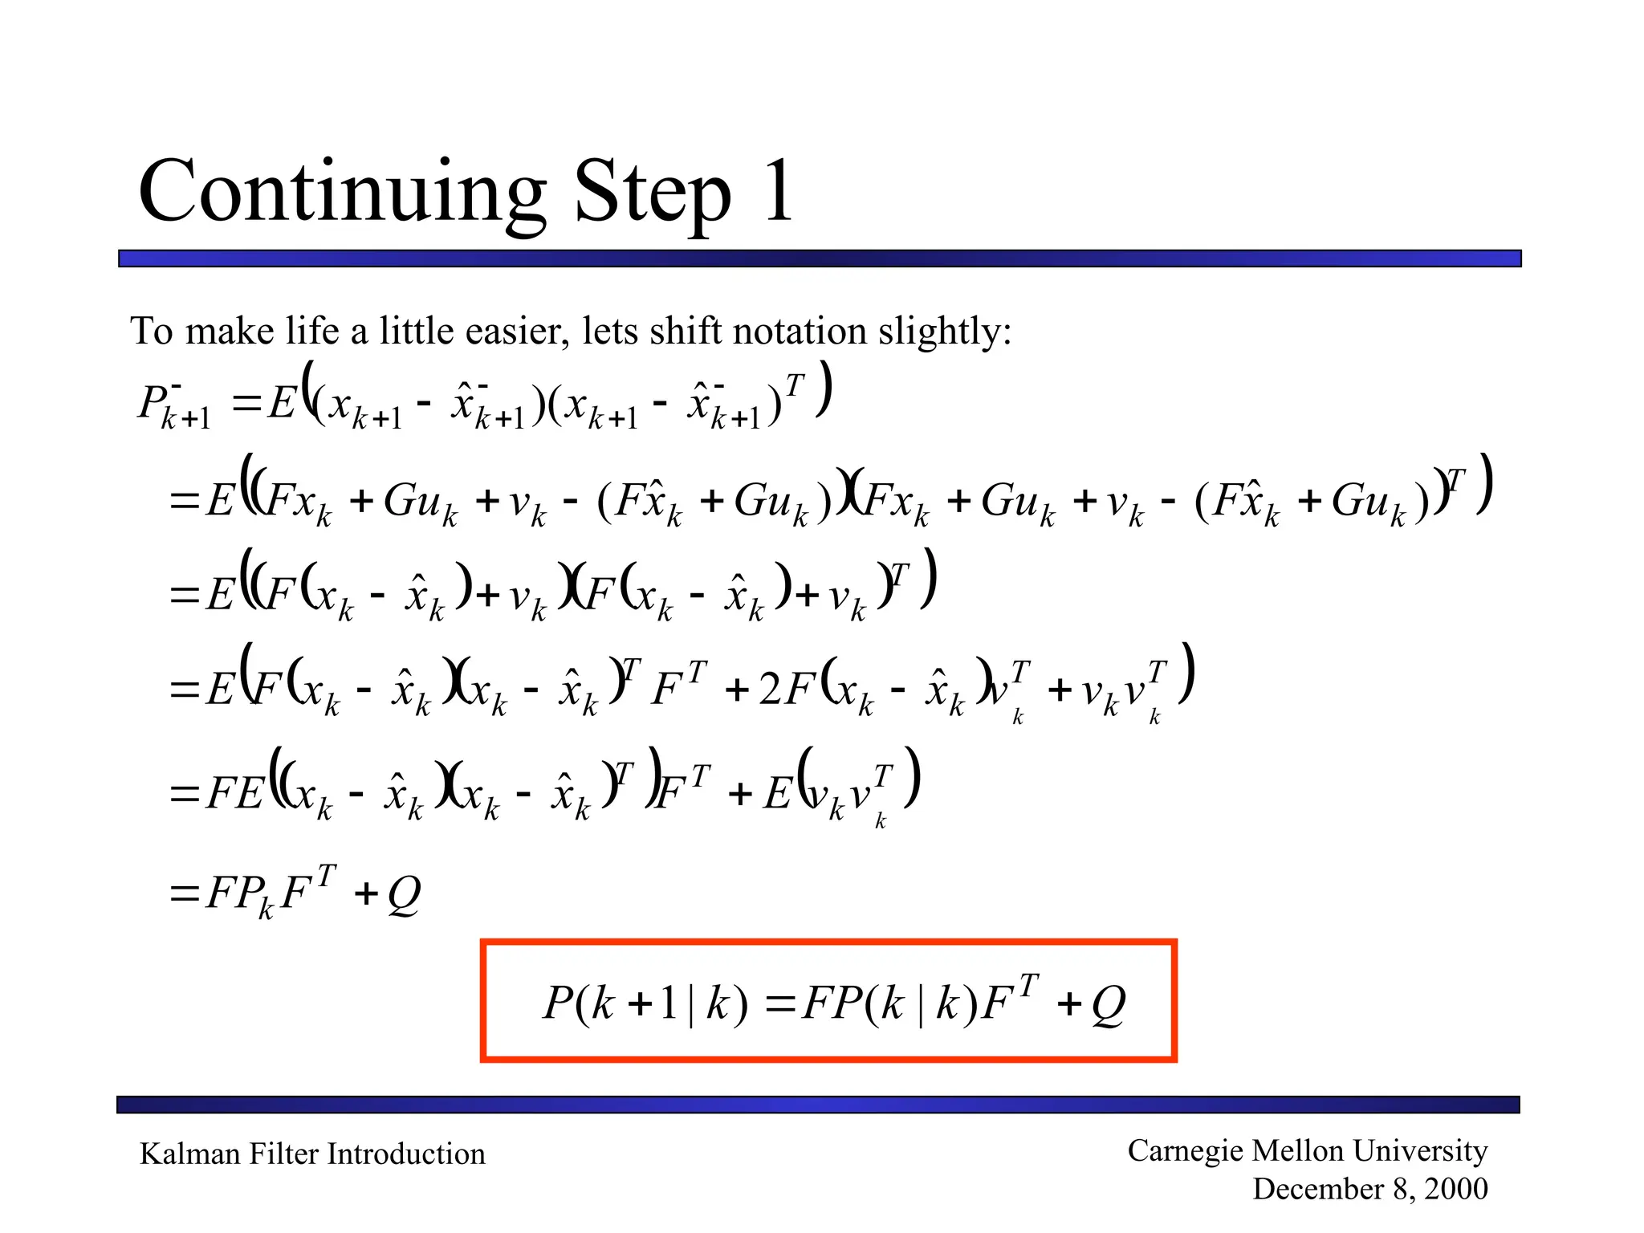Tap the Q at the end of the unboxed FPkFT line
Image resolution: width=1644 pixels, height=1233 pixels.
pos(404,893)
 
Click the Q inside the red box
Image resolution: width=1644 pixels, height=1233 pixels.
pos(1109,1003)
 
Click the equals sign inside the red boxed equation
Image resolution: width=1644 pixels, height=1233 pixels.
pos(780,1003)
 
